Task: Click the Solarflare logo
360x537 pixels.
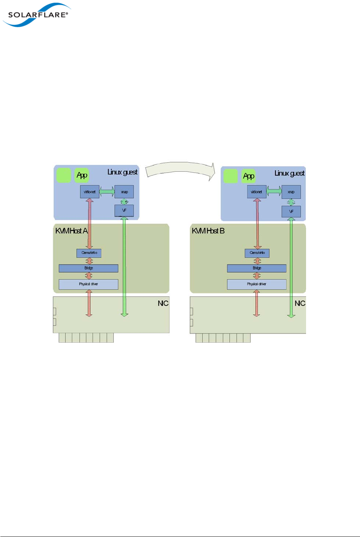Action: [x=36, y=15]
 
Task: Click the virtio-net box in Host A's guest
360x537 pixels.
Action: [x=90, y=192]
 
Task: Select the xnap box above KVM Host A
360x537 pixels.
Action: [x=124, y=192]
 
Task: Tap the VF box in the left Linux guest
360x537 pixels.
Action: [x=124, y=210]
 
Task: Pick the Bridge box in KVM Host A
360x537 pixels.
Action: [x=88, y=268]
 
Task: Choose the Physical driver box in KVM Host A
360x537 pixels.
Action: [x=88, y=284]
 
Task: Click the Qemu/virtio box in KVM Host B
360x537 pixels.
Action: [x=257, y=253]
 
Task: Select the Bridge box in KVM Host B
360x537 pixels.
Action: [x=257, y=268]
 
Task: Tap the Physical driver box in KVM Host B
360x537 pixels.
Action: [x=257, y=284]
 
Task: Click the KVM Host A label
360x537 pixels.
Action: [x=72, y=231]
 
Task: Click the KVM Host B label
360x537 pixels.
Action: [x=208, y=231]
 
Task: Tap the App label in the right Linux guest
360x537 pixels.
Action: [x=249, y=176]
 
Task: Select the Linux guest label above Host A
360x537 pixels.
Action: [x=122, y=172]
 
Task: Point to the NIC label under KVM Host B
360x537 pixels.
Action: [x=300, y=303]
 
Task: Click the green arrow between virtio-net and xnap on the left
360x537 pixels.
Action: [x=107, y=191]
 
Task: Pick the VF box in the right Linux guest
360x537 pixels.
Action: [x=291, y=212]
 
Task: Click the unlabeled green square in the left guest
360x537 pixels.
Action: [x=64, y=175]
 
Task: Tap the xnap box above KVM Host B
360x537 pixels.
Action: [x=291, y=192]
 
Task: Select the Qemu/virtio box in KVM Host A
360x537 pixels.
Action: [x=89, y=253]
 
